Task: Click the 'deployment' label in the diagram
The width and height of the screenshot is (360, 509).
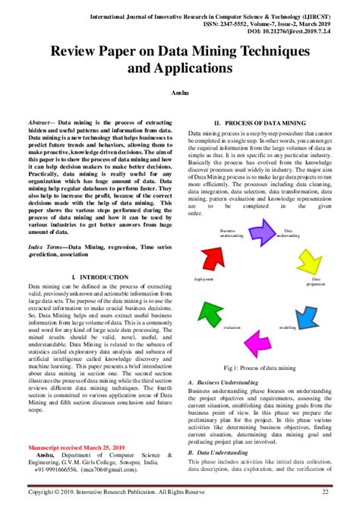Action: [203, 279]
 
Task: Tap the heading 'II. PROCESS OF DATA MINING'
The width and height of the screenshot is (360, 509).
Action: [258, 122]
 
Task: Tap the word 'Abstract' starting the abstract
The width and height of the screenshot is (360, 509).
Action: [42, 122]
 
